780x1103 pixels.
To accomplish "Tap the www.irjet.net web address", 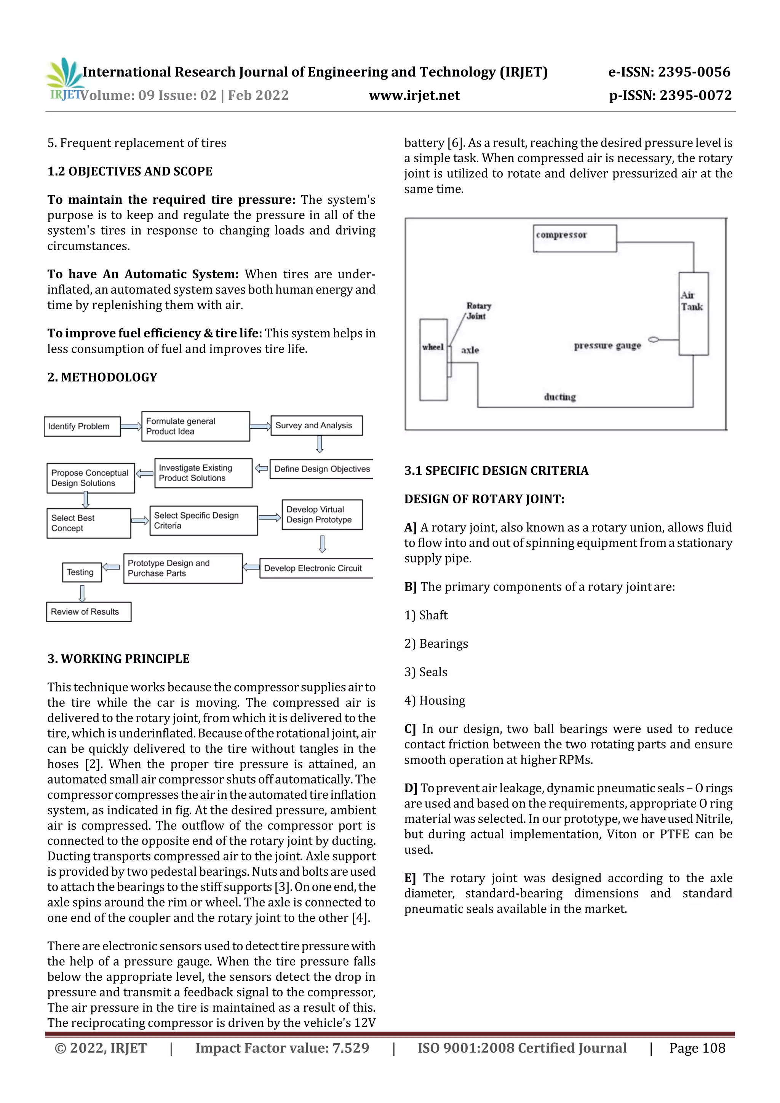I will click(414, 95).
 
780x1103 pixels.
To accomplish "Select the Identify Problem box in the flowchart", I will click(82, 426).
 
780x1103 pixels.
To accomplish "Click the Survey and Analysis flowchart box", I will click(316, 426).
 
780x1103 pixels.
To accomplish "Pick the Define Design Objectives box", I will click(321, 469).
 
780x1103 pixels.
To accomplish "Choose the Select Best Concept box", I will click(88, 523).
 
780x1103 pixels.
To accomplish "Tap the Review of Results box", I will click(88, 611).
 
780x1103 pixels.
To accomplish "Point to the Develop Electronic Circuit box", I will click(315, 568).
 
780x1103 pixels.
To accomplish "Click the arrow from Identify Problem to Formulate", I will click(131, 426).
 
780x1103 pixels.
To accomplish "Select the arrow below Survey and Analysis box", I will click(320, 444).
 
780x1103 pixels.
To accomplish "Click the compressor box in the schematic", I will click(574, 238).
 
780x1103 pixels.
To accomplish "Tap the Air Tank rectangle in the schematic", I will click(693, 313).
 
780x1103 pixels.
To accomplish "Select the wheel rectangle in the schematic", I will click(433, 359).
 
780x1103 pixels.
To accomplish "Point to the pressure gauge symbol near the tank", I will click(654, 340).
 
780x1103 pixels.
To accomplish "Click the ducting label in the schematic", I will click(559, 397).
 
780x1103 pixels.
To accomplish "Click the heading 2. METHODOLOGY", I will click(102, 377).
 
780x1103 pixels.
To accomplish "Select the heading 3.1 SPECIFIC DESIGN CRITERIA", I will click(496, 470).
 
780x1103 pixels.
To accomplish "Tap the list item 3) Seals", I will click(426, 672).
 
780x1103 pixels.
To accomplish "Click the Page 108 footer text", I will click(697, 1048).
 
